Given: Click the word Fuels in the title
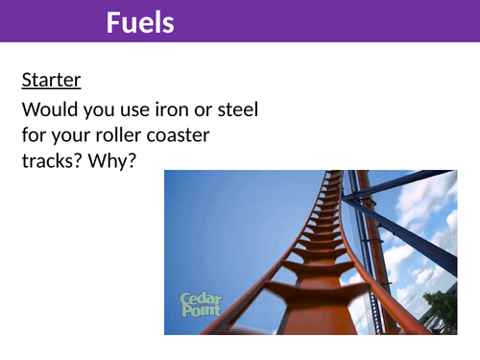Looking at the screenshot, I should [x=140, y=21].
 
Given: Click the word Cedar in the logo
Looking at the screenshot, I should [x=202, y=299].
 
